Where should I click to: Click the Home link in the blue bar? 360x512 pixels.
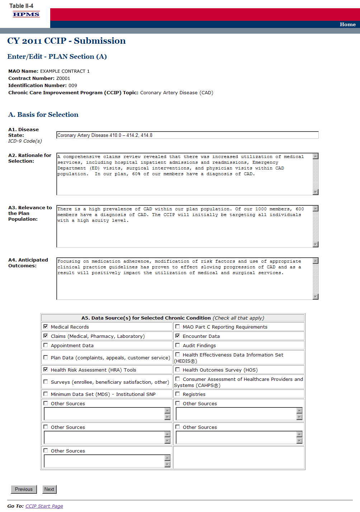pos(347,24)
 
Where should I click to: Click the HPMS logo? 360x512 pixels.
pos(26,14)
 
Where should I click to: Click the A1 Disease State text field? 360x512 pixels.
pos(187,135)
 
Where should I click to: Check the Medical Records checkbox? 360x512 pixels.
pos(46,326)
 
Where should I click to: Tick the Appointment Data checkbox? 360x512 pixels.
pos(46,345)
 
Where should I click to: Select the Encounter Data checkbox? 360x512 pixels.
pos(177,336)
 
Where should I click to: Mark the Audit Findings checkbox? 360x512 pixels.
pos(177,345)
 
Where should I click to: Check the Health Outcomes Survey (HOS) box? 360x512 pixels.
pos(177,369)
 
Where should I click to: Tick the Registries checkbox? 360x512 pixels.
pos(177,394)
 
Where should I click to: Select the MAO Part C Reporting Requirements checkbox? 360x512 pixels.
pos(177,326)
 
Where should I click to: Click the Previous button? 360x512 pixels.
pos(24,489)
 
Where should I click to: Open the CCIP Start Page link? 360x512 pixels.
pos(44,506)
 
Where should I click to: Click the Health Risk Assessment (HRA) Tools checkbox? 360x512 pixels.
pos(46,369)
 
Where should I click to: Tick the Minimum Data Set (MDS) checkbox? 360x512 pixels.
pos(46,394)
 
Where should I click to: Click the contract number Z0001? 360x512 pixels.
pos(63,78)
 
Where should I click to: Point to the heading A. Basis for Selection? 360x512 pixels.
pos(43,114)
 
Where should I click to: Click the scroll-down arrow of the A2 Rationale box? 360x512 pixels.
pos(316,192)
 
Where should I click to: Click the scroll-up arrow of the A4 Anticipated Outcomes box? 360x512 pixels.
pos(316,261)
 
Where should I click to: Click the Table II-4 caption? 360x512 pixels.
pos(21,6)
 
